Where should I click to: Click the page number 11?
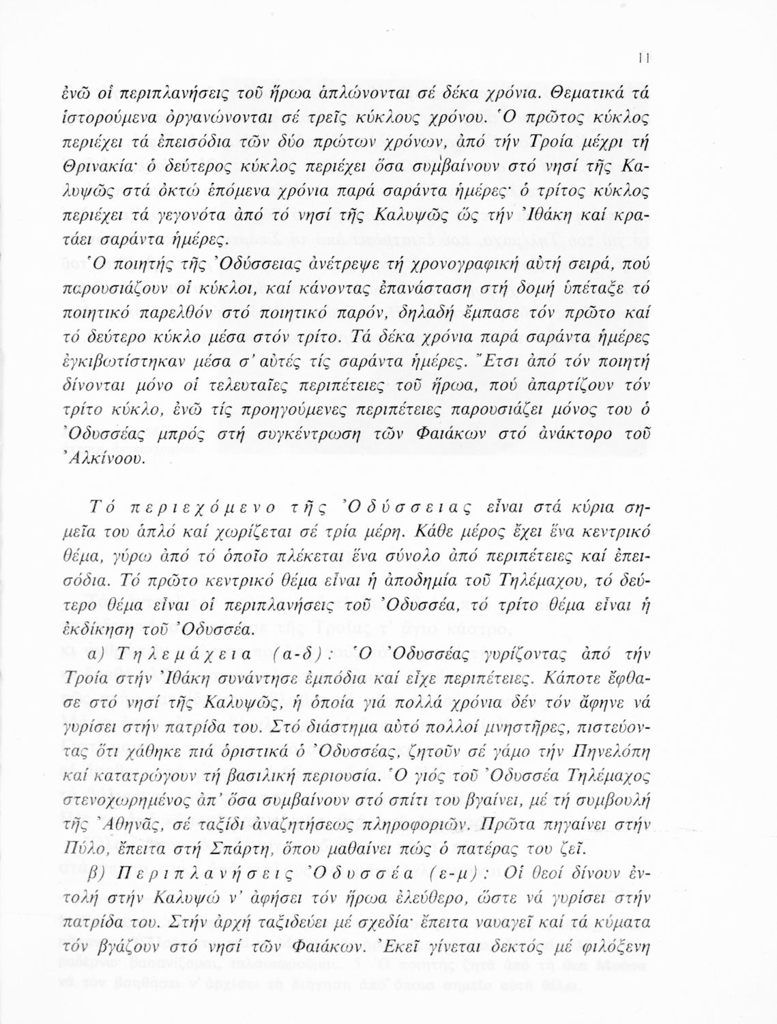point(643,59)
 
